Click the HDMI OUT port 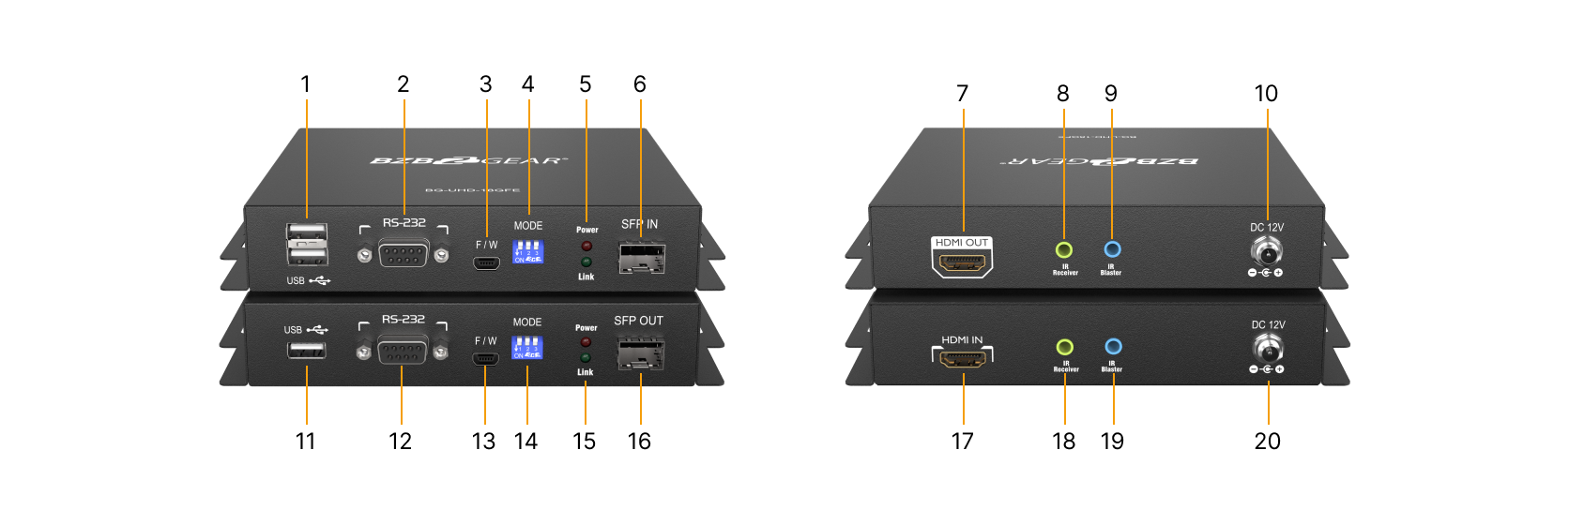pos(962,263)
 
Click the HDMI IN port pos(963,359)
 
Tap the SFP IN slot pos(641,257)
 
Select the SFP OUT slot pos(640,353)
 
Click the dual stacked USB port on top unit pos(307,245)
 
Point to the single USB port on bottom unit pos(307,351)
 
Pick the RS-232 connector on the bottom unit pos(403,351)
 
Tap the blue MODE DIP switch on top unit pos(527,252)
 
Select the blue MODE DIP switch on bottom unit pos(526,348)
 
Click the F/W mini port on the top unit pos(486,262)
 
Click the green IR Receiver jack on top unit pos(1063,250)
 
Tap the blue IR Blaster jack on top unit pos(1112,249)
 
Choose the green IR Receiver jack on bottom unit pos(1064,347)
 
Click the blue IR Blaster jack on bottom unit pos(1113,346)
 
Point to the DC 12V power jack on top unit pos(1268,251)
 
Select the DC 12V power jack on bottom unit pos(1269,349)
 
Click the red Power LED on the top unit pos(586,246)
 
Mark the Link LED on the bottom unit pos(586,358)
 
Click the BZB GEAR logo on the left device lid pos(468,161)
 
